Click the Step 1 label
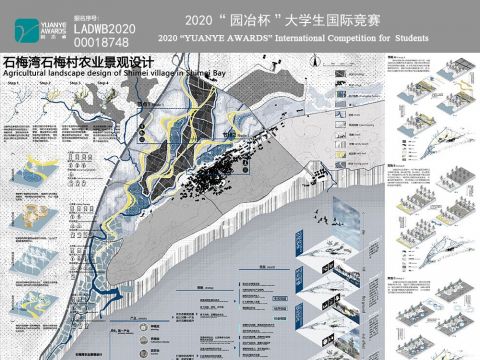click(x=13, y=83)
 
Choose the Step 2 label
click(x=45, y=83)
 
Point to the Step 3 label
click(x=75, y=83)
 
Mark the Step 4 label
click(x=104, y=83)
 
